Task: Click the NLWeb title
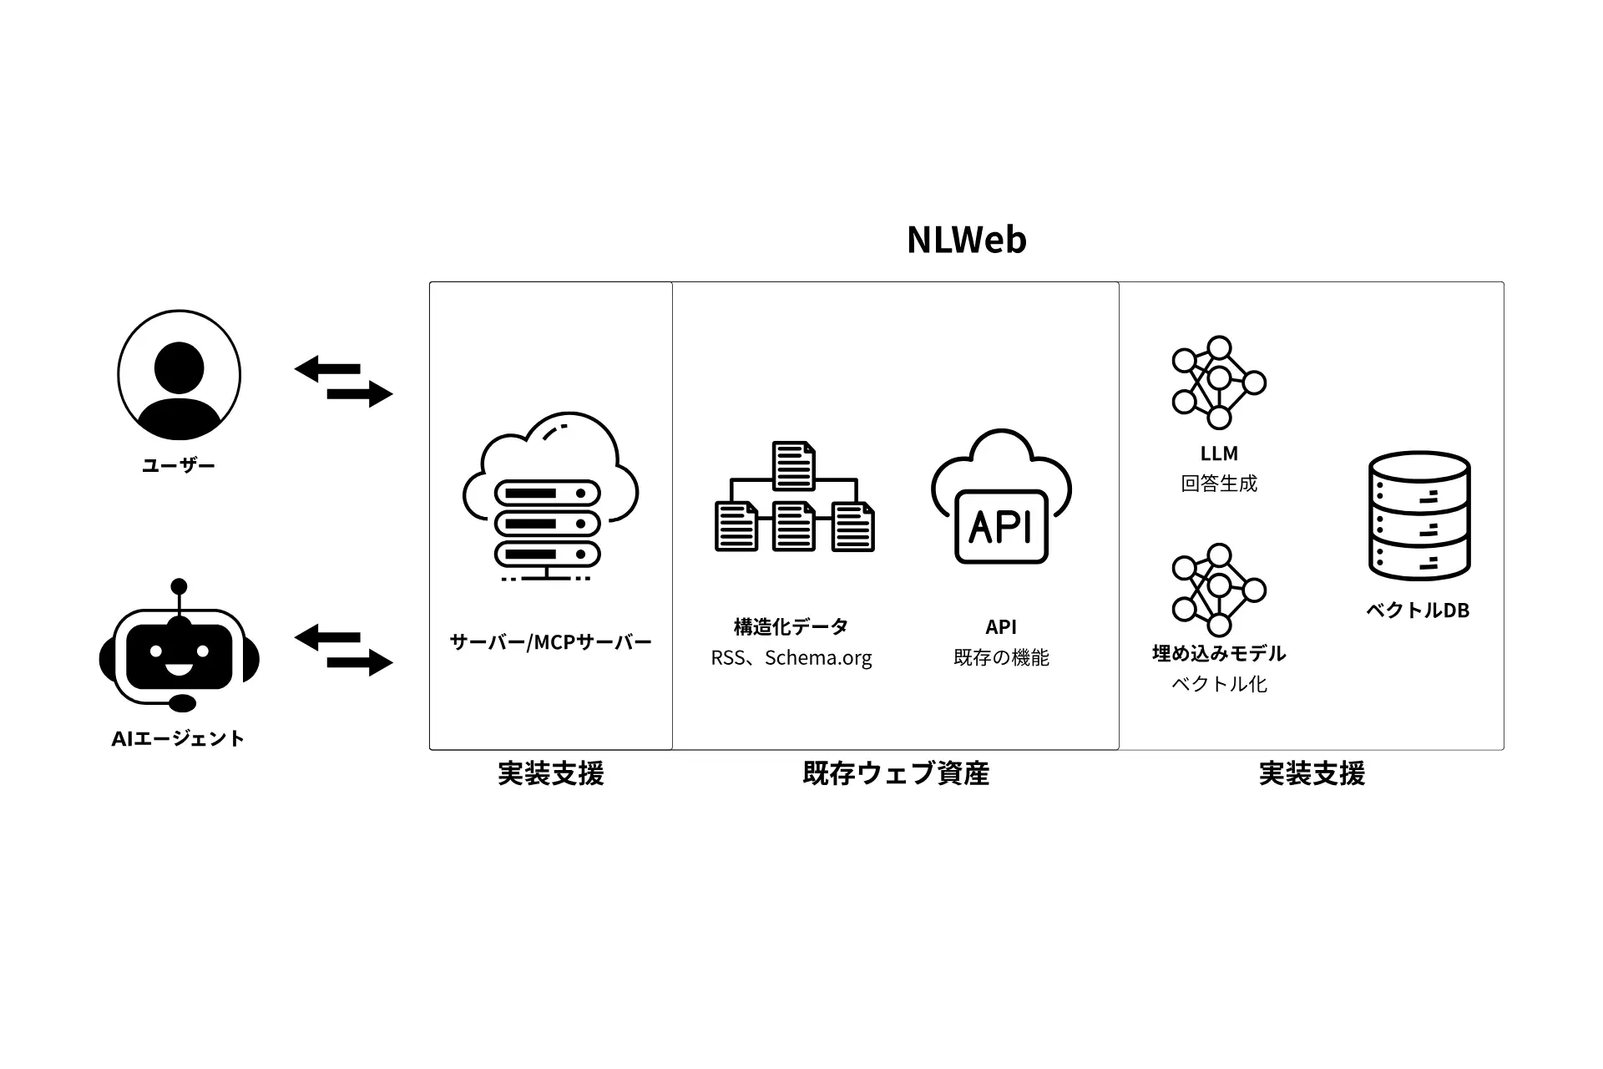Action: pos(966,240)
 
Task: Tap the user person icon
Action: pos(179,375)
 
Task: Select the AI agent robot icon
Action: pos(179,650)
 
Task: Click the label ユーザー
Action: pos(179,465)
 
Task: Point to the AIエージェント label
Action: pos(178,738)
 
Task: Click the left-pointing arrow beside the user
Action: pos(327,368)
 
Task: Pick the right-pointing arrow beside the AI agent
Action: pos(360,663)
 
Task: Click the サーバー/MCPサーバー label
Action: pos(550,641)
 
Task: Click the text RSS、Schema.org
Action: pos(791,658)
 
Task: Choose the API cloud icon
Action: pos(1001,496)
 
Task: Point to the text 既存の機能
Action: pos(1001,658)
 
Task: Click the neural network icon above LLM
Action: pos(1218,383)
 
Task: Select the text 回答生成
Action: pos(1218,484)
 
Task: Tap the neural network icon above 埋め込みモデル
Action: pos(1218,590)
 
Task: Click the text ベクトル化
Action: pos(1218,685)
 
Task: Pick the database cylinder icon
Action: pos(1418,516)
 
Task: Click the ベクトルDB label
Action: pos(1417,610)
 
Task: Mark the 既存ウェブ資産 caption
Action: pos(895,773)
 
